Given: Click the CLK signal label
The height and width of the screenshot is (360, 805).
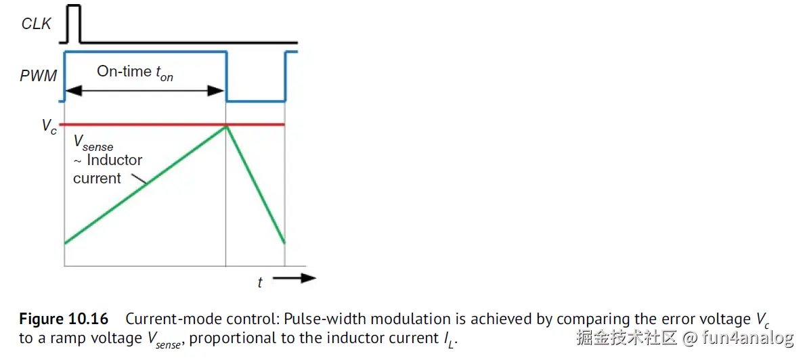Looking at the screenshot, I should [36, 24].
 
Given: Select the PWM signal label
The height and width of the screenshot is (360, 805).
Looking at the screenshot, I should [38, 75].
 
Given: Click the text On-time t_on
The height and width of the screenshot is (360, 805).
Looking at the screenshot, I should [135, 72].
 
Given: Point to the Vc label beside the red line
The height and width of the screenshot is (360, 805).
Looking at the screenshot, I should [49, 127].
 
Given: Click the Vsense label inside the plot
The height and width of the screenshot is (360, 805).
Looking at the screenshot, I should [93, 144].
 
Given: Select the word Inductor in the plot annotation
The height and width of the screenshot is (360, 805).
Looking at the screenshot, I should [114, 160].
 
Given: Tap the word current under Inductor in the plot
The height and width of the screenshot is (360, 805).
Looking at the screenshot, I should [97, 179].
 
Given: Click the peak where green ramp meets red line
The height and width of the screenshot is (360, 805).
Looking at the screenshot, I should [225, 125].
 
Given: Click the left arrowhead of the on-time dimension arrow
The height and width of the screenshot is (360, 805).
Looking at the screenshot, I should [69, 91].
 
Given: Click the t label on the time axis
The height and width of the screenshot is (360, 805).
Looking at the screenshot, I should [260, 283].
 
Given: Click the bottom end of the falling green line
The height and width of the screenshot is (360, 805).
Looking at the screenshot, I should [284, 242].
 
